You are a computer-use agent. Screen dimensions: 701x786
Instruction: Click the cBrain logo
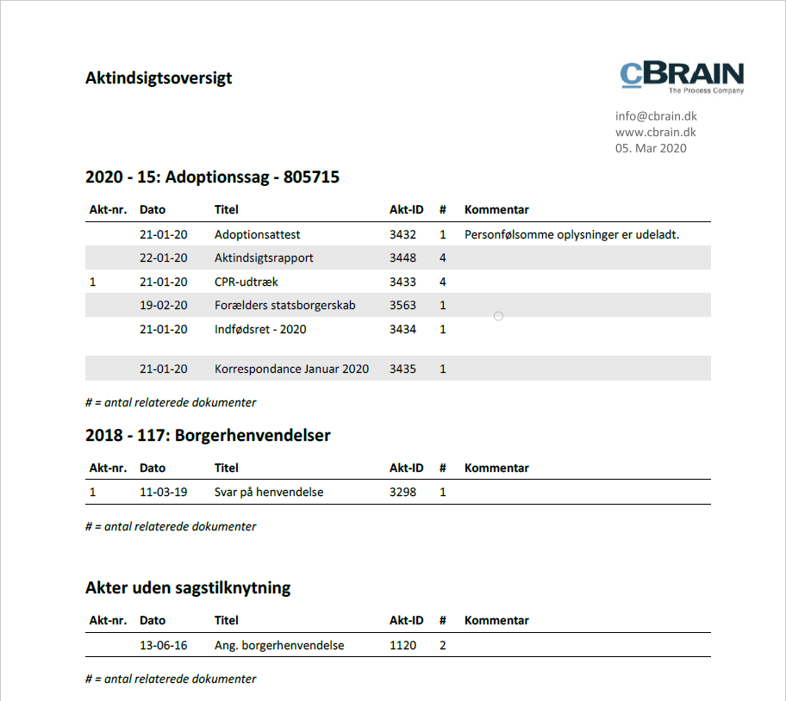tap(682, 77)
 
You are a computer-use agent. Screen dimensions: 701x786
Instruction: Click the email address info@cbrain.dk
tap(656, 116)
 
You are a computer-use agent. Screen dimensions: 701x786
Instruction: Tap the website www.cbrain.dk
tap(655, 132)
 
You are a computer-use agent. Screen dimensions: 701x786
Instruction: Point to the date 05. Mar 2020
tap(651, 148)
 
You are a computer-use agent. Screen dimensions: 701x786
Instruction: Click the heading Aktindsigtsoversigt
tap(159, 78)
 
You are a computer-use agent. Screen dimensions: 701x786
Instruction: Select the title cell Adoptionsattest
tap(257, 234)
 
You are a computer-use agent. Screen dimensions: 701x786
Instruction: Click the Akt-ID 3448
tap(402, 257)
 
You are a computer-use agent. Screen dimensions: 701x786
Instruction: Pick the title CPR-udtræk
tap(246, 282)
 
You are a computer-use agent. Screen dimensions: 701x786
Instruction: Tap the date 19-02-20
tap(163, 305)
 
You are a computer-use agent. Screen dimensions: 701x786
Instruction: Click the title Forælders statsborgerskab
tap(284, 305)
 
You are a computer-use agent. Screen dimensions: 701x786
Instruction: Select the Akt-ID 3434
tap(402, 329)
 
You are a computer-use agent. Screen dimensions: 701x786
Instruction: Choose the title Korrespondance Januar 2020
tap(291, 369)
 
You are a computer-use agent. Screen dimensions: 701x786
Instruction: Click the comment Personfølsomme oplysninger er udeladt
tap(571, 234)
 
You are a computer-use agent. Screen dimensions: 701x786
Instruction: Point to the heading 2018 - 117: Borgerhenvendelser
tap(208, 436)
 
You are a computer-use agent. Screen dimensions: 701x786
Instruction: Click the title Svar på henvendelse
tap(269, 493)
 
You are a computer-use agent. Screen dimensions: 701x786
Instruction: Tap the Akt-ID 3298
tap(402, 493)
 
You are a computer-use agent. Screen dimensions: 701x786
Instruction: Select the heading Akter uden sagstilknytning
tap(188, 588)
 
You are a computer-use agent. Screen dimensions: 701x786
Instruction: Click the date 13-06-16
tap(163, 645)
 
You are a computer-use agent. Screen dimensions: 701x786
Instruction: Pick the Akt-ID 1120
tap(402, 645)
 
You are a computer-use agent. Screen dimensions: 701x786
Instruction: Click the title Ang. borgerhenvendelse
tap(279, 645)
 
